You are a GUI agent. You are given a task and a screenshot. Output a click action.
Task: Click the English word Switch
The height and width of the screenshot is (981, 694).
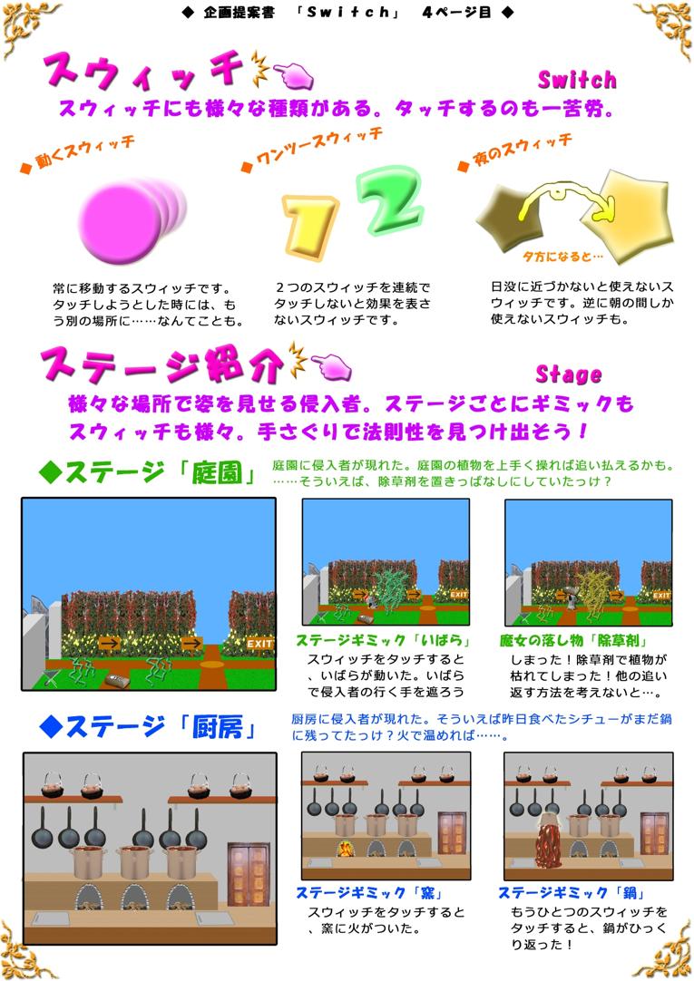click(577, 80)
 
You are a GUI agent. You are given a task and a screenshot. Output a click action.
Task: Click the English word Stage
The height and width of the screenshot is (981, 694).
click(569, 374)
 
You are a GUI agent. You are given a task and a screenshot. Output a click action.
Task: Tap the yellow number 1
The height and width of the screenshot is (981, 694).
click(309, 226)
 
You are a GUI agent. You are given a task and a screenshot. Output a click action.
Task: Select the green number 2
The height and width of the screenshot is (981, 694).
click(391, 199)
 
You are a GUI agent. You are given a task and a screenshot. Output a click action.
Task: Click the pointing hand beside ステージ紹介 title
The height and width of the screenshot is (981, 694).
click(331, 366)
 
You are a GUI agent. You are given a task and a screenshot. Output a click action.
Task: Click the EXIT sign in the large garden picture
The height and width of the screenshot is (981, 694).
click(259, 643)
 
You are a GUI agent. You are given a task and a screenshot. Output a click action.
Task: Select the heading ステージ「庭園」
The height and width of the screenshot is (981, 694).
click(147, 472)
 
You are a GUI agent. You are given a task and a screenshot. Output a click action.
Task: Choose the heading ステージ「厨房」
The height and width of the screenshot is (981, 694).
click(147, 726)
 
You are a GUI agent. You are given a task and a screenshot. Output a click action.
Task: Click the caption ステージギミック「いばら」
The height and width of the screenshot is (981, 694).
click(383, 640)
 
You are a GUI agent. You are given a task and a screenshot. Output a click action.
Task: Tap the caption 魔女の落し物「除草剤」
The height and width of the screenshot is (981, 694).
click(573, 640)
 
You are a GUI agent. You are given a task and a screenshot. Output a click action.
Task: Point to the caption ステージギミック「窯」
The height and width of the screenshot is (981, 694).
click(370, 893)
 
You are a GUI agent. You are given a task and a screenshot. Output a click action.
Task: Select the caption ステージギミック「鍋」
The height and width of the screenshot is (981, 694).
click(572, 893)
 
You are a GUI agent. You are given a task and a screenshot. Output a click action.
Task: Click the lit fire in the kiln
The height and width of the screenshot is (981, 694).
click(345, 849)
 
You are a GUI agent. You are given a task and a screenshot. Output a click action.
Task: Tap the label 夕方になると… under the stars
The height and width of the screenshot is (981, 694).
click(563, 257)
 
